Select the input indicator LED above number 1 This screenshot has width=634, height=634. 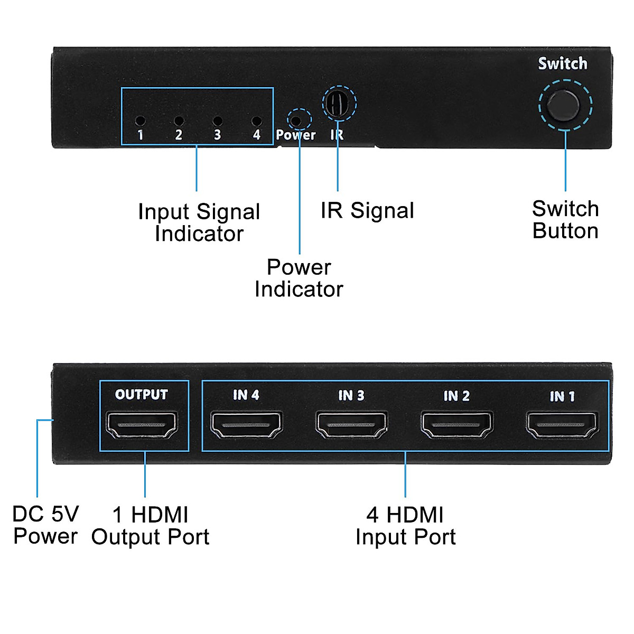[140, 121]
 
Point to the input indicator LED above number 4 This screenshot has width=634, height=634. [256, 121]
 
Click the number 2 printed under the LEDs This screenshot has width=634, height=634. [179, 135]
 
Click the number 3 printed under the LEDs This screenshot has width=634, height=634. [217, 135]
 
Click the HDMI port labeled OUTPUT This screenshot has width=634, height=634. [142, 425]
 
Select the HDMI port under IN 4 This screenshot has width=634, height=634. [246, 425]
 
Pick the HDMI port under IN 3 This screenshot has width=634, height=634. [351, 425]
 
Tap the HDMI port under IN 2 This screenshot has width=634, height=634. [456, 425]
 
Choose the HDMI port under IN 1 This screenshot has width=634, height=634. [562, 425]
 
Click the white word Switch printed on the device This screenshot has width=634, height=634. [563, 63]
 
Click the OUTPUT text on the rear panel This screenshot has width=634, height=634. [141, 395]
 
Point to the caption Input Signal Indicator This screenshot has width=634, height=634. [199, 222]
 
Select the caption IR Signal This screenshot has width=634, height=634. [367, 210]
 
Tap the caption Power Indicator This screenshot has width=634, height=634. [299, 278]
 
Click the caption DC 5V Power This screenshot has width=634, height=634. [45, 525]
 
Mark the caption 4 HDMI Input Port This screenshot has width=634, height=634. [405, 526]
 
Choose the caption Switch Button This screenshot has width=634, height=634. [565, 220]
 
